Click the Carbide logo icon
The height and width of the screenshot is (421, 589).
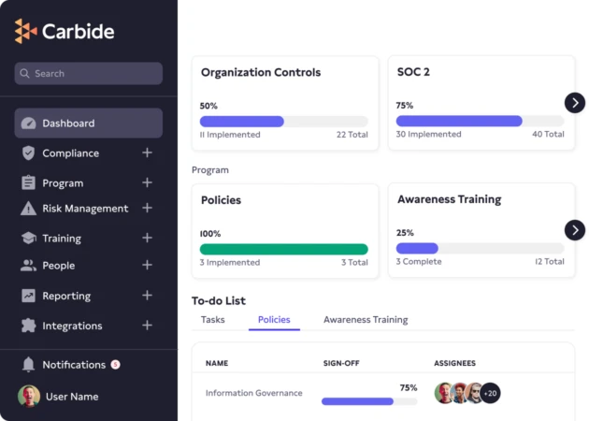click(x=26, y=31)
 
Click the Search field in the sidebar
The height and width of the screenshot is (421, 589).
click(x=89, y=74)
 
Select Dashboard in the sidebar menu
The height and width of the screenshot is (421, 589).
click(x=89, y=123)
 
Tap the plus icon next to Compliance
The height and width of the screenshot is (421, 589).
click(x=147, y=153)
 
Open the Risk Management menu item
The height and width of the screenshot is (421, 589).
click(x=84, y=209)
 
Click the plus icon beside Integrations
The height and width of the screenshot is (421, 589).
click(x=147, y=326)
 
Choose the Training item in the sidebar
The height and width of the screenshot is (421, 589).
click(x=61, y=239)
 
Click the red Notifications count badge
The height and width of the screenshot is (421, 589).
click(x=115, y=364)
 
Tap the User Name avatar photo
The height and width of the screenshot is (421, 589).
click(x=29, y=397)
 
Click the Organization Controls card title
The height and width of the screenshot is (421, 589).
click(x=261, y=72)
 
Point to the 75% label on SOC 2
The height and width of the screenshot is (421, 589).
click(x=405, y=106)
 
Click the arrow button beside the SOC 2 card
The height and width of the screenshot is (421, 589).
click(x=575, y=103)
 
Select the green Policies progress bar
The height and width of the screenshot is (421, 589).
click(x=283, y=249)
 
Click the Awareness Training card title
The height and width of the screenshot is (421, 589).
click(x=449, y=199)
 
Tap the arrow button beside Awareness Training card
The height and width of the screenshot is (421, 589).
click(x=575, y=230)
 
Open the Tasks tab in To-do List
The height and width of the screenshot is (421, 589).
click(x=213, y=320)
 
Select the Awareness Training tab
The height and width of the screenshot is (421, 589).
click(x=366, y=320)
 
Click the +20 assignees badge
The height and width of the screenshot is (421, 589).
click(x=490, y=393)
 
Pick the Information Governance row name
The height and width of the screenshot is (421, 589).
click(x=254, y=393)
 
